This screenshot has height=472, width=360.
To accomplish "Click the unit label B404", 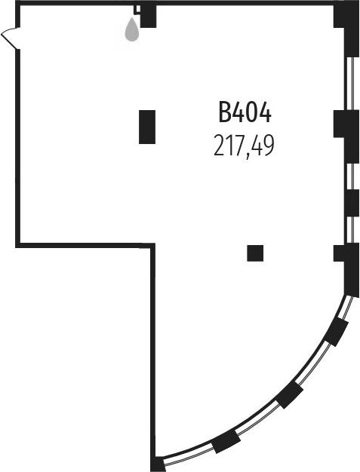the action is [245, 112].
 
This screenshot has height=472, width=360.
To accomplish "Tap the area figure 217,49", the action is [244, 146].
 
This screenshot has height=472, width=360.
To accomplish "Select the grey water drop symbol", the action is [132, 29].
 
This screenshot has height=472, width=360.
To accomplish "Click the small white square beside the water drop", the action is [137, 9].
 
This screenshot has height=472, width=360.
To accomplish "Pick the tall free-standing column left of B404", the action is [147, 127].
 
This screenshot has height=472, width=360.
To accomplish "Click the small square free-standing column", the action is [255, 253].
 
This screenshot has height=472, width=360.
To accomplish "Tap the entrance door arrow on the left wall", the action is [10, 38].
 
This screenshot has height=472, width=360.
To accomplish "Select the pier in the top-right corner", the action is [347, 29].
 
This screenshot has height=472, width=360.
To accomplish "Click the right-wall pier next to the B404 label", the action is [347, 136].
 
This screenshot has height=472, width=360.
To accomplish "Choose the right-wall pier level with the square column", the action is [347, 269].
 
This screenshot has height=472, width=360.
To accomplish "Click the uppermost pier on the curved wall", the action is [337, 332].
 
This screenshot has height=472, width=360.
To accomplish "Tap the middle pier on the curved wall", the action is [289, 395].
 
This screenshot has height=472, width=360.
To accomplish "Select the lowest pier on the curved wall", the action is [226, 441].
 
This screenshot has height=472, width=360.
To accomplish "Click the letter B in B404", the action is [224, 112].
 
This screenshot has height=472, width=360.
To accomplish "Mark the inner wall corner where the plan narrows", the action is [152, 245].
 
